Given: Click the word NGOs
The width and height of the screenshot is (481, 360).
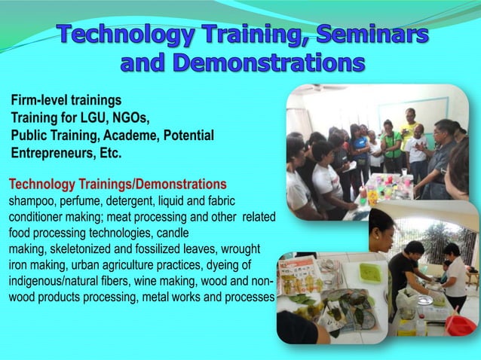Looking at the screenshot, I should click(x=132, y=117).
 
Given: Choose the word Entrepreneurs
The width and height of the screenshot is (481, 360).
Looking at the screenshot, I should click(x=50, y=153).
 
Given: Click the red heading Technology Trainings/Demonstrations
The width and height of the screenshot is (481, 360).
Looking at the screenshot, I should click(x=117, y=184).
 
